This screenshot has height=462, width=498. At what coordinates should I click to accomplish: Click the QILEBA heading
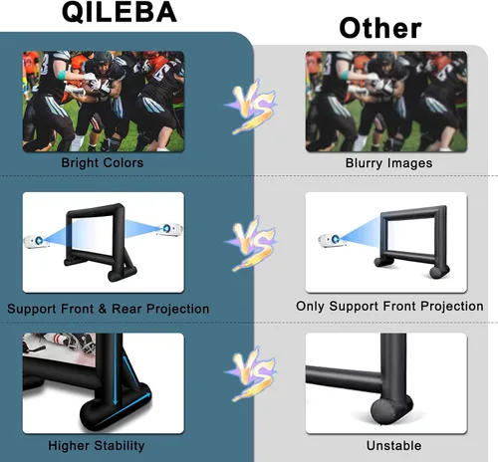click(120, 12)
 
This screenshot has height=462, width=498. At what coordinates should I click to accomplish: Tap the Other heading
click(380, 28)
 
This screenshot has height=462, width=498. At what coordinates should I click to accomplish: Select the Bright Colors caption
click(103, 162)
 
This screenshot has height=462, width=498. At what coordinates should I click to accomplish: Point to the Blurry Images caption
click(388, 163)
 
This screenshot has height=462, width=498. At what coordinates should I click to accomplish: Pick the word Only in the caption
click(310, 307)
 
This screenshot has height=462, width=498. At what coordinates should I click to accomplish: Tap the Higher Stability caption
click(97, 445)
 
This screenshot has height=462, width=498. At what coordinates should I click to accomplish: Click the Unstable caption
click(393, 445)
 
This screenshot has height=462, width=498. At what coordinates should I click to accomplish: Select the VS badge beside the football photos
click(251, 107)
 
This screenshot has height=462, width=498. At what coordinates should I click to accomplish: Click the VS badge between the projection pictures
click(251, 243)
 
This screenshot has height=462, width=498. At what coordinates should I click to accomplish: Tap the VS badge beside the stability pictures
click(251, 373)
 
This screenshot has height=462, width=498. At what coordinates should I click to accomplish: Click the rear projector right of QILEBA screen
click(169, 229)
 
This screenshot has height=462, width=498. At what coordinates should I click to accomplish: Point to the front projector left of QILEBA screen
click(36, 241)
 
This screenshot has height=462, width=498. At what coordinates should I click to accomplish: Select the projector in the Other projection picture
click(332, 240)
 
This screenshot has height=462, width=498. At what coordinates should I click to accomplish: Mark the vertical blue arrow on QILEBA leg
click(115, 369)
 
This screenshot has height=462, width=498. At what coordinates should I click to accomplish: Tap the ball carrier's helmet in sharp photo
click(103, 60)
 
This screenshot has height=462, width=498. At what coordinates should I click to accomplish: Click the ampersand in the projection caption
click(103, 309)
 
